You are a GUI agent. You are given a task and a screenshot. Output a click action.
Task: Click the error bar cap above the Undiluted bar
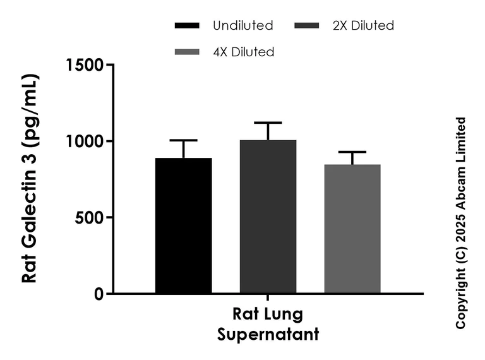click(184, 140)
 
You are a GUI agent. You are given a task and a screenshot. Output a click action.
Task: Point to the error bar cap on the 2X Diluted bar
click(268, 123)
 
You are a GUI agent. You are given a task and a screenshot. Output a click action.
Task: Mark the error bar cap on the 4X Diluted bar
click(352, 152)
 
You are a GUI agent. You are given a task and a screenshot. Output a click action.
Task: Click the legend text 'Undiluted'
click(243, 26)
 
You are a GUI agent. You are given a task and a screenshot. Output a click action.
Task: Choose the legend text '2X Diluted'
click(363, 26)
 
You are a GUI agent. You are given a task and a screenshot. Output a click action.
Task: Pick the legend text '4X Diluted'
click(244, 52)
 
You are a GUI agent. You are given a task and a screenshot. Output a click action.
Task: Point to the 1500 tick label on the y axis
click(86, 64)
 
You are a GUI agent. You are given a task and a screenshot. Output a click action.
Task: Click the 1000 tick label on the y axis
click(86, 141)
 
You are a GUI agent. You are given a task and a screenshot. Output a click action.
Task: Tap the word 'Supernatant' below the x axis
click(268, 333)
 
